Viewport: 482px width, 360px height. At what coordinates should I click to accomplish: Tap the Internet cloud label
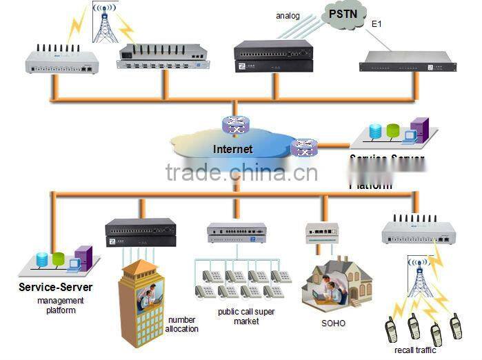click(232, 149)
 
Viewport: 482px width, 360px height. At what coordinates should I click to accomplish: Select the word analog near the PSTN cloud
click(288, 15)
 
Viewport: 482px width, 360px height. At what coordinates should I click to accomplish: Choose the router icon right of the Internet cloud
click(303, 147)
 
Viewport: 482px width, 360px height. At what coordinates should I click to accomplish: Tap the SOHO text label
click(334, 323)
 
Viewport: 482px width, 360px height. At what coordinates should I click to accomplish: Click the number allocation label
click(181, 324)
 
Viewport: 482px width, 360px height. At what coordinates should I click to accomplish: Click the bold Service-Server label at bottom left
click(56, 287)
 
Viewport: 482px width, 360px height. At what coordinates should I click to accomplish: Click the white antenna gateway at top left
click(61, 61)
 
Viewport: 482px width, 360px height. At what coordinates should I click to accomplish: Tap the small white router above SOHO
click(322, 232)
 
